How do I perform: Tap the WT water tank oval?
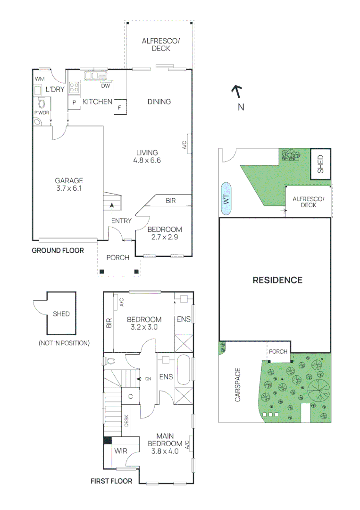point(226,199)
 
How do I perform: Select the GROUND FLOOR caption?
point(58,251)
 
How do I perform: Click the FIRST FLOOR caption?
point(111,481)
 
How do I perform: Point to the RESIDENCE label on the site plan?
point(277,280)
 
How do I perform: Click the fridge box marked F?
point(119,108)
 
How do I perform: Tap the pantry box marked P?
point(74,102)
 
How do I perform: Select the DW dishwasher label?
point(105,85)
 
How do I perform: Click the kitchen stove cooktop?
point(74,87)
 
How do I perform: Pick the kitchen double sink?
point(96,75)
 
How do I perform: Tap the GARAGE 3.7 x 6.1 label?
point(69,185)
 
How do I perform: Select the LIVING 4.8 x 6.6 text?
point(147,156)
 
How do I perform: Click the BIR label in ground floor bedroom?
point(170,201)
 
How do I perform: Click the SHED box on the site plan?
point(321,164)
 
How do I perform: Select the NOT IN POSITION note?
point(64,343)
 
